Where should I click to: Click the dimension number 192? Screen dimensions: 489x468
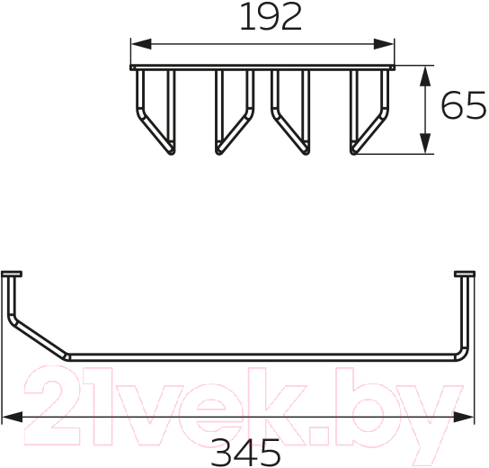[x=271, y=17]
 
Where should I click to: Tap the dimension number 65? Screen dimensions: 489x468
[x=464, y=105]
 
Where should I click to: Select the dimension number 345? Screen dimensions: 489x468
[x=245, y=453]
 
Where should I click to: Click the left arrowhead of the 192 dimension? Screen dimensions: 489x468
[x=141, y=44]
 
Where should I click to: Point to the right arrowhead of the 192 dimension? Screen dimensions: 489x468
[x=384, y=44]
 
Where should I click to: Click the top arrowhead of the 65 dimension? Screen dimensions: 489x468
[x=425, y=76]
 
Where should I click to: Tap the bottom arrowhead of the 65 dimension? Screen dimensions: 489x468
[x=425, y=143]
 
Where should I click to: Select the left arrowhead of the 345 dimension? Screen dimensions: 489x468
[x=13, y=417]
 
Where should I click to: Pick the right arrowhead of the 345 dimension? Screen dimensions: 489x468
[x=464, y=417]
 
